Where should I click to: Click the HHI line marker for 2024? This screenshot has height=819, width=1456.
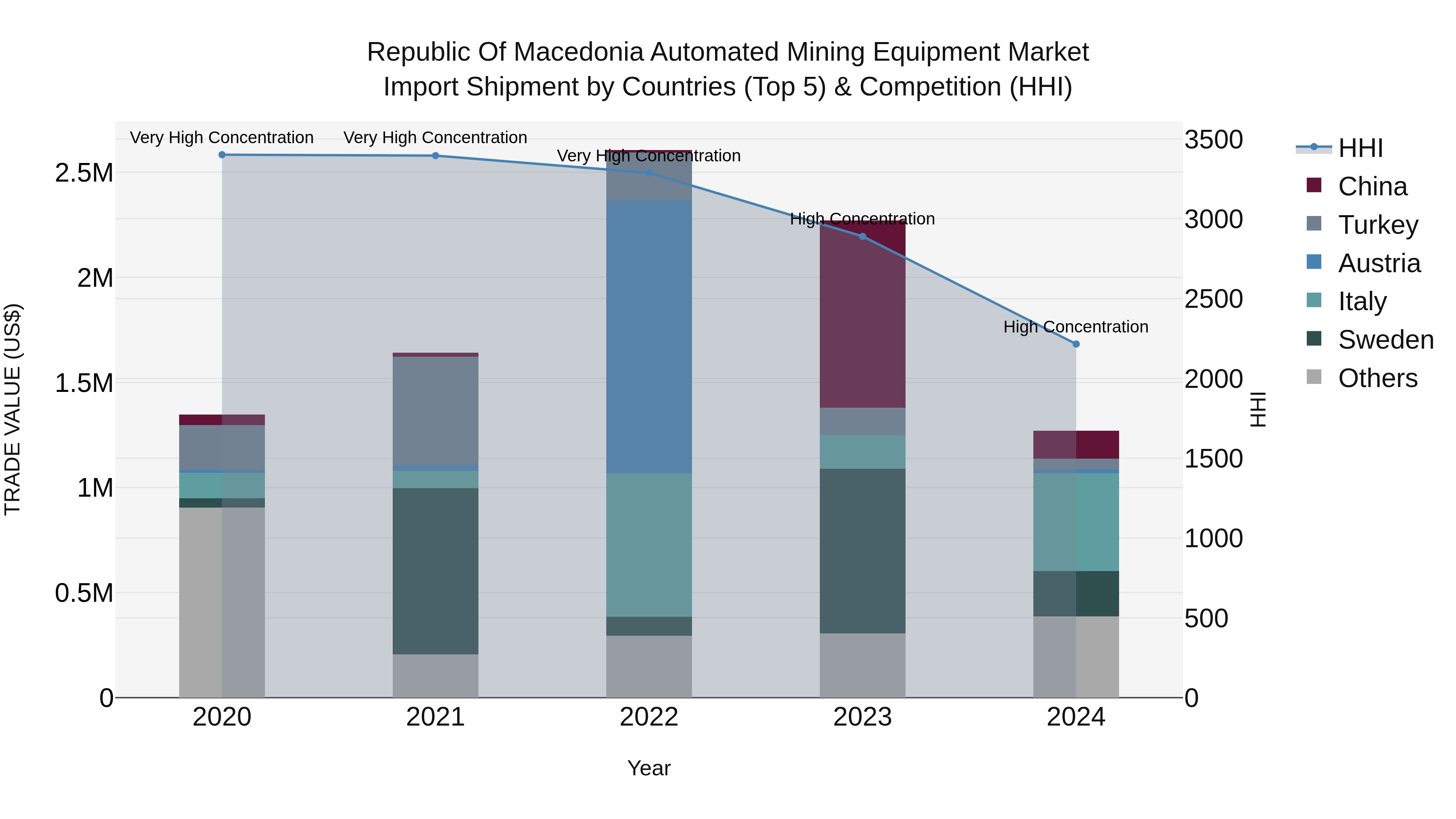pos(1075,344)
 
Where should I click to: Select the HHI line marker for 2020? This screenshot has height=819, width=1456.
pos(222,154)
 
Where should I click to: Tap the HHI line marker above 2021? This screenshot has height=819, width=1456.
pos(435,155)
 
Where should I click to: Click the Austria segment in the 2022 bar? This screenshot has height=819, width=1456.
pos(649,336)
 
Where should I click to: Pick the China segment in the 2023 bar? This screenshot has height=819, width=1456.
pos(863,314)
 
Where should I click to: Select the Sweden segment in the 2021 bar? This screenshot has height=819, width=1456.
pos(435,571)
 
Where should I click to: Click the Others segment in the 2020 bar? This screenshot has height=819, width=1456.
pos(222,602)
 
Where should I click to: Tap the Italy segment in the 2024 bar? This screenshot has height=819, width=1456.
pos(1075,522)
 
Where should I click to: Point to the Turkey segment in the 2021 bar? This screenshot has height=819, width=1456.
pos(435,411)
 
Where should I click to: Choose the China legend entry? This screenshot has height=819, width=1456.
pos(1372,186)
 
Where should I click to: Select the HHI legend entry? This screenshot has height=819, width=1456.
pos(1360,148)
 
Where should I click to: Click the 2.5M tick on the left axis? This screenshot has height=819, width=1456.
pos(84,173)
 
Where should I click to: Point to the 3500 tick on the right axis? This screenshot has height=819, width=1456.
pos(1213,140)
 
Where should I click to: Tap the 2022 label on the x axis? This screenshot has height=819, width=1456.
pos(649,717)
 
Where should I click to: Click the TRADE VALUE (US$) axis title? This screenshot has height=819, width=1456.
pos(13,409)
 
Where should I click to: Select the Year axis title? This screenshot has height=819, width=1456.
pos(649,768)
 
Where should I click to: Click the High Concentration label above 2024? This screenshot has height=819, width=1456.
pos(1075,327)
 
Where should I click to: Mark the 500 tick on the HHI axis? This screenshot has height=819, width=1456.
pos(1206,618)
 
